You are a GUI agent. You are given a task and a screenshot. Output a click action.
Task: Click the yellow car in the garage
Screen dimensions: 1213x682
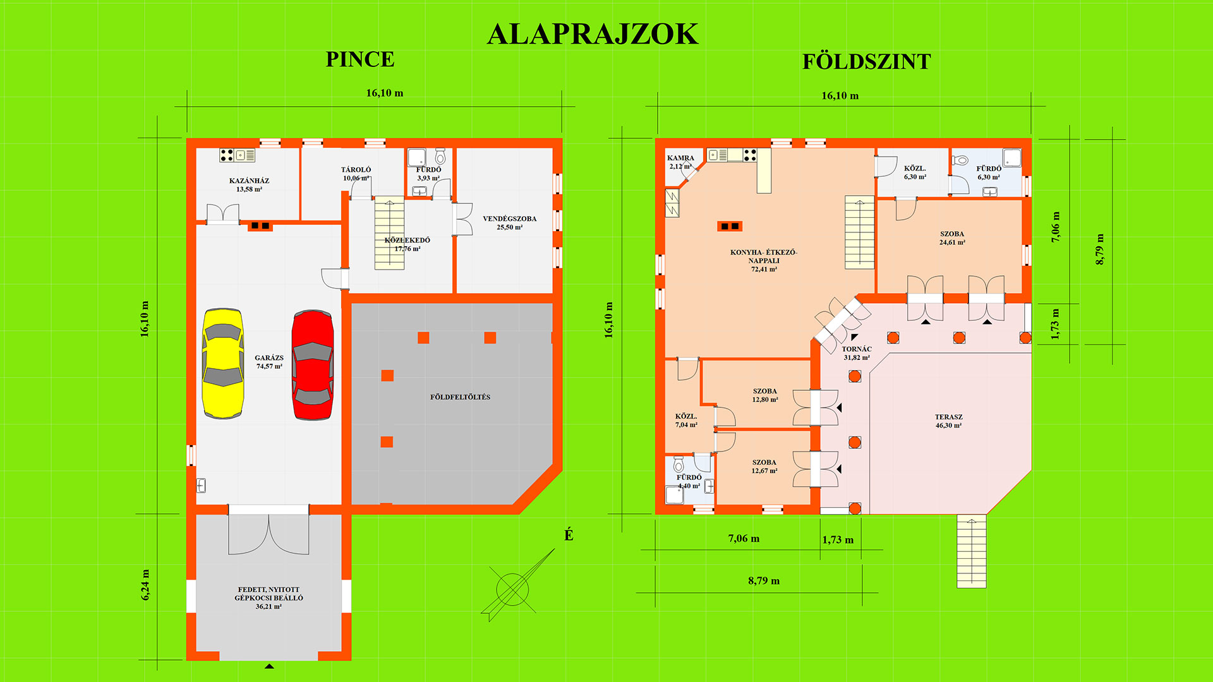[222, 363]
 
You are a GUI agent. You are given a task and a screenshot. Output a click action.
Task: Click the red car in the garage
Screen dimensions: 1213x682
[313, 364]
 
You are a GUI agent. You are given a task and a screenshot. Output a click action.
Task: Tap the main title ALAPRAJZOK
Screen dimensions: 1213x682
[593, 34]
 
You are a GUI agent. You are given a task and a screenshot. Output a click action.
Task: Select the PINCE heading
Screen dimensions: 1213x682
[360, 59]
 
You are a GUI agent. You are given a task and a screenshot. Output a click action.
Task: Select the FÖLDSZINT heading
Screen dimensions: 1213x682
[867, 61]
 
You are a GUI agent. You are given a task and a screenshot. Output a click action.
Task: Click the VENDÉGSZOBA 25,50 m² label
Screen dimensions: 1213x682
[510, 223]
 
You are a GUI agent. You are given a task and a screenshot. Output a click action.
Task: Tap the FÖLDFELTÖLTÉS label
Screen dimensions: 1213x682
[460, 397]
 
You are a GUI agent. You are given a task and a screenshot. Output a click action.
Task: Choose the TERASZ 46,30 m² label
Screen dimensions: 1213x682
[949, 421]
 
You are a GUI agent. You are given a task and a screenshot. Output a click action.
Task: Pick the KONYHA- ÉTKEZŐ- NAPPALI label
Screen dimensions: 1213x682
[764, 256]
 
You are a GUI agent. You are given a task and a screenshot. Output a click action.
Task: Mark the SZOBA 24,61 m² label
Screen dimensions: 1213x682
[952, 238]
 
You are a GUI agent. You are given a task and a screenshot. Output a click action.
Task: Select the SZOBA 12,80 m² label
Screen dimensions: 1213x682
[765, 395]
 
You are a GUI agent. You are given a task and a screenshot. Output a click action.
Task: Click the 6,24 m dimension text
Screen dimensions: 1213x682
[145, 585]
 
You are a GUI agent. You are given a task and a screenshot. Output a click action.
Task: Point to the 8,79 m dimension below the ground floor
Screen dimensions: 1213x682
[764, 581]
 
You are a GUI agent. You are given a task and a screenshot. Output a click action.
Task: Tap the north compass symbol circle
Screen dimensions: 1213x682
[512, 590]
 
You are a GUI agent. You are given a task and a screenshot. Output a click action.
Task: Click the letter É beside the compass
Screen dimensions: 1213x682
[569, 535]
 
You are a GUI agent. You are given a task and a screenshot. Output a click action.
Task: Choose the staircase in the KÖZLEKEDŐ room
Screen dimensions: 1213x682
[389, 233]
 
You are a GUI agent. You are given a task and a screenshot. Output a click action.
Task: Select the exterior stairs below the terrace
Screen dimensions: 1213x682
[971, 551]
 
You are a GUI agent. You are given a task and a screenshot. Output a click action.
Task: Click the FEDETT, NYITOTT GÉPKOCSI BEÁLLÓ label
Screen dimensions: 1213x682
[269, 598]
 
